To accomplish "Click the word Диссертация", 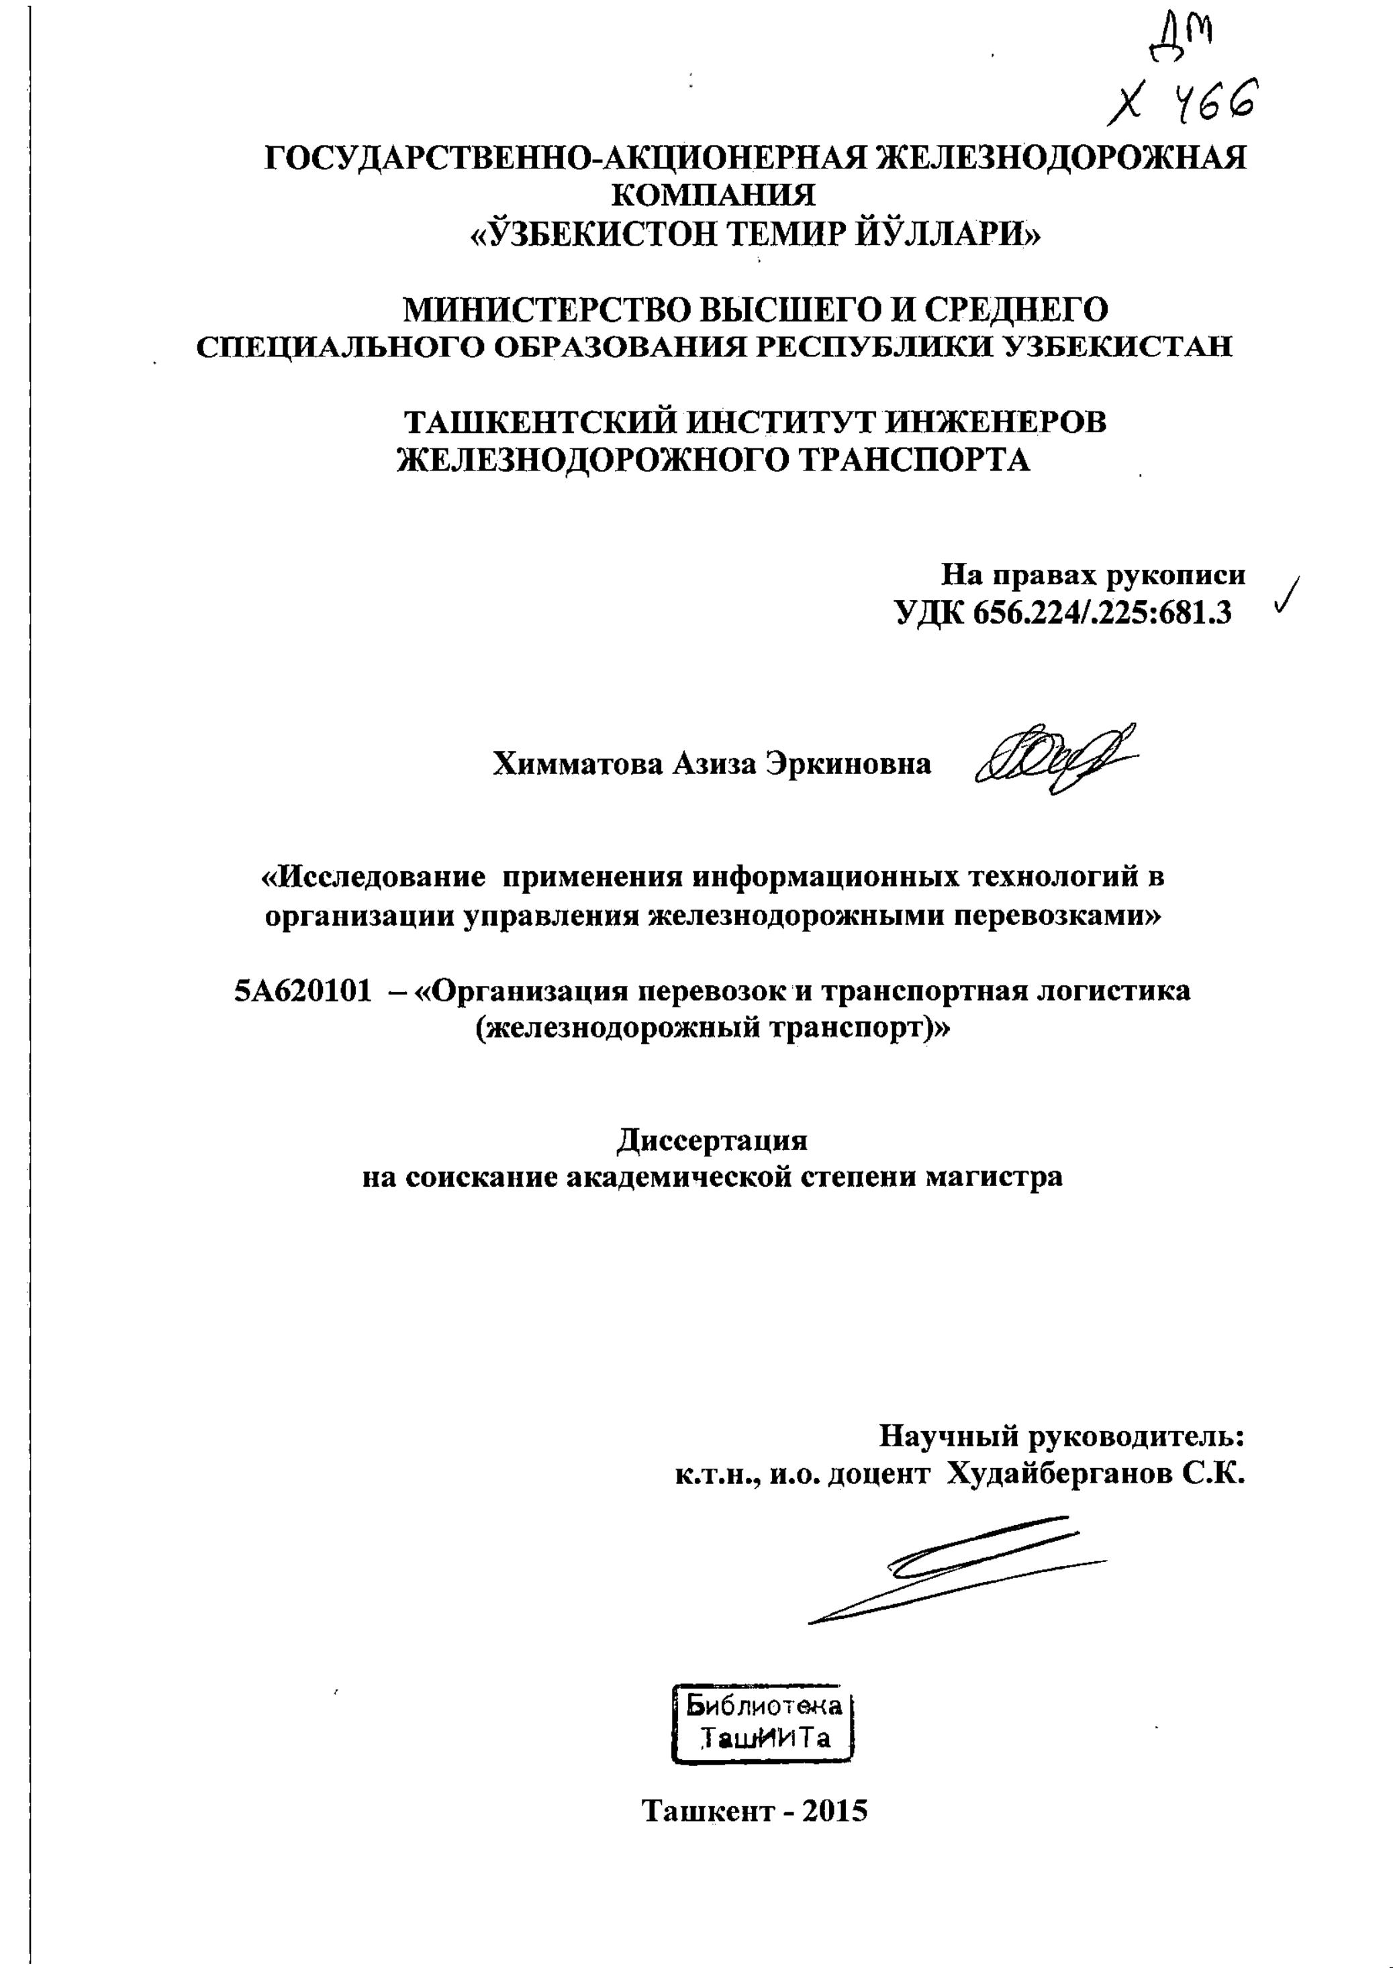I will coord(712,1140).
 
